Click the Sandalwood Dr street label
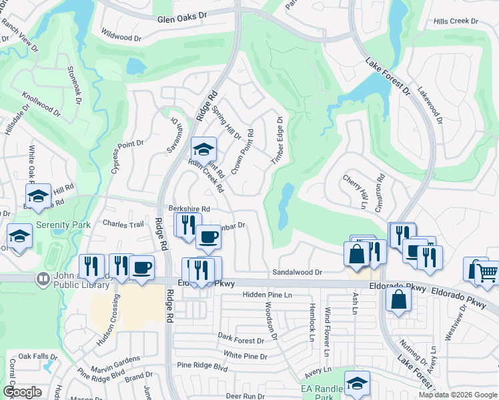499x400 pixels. tap(297, 273)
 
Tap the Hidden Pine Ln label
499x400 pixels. tap(268, 295)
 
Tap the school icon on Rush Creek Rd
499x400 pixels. tap(203, 149)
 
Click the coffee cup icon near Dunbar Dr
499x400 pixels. tap(208, 237)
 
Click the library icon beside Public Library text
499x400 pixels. tap(43, 278)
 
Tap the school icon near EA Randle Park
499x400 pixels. tap(357, 383)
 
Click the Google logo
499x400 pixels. tap(22, 392)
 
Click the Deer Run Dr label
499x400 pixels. tap(245, 396)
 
